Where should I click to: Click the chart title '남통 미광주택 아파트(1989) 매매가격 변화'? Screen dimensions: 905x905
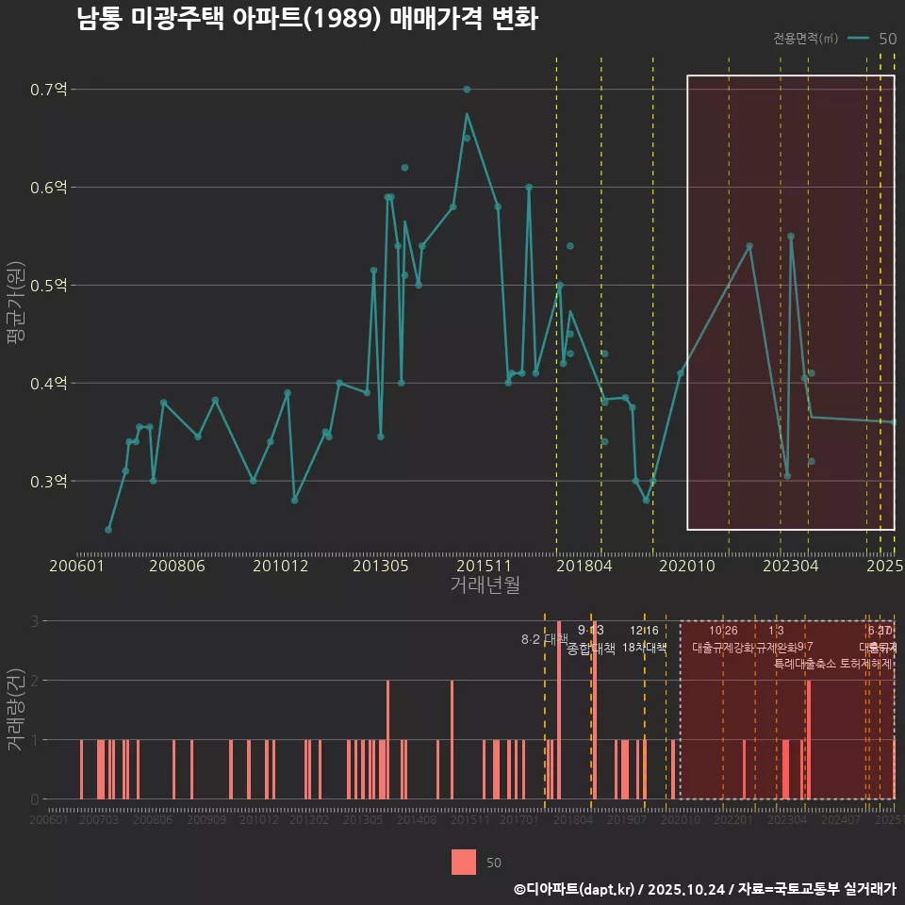[307, 19]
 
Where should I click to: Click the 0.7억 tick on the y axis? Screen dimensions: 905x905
[48, 90]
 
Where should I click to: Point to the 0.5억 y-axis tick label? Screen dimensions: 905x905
[48, 285]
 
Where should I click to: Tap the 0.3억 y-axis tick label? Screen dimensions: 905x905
[48, 481]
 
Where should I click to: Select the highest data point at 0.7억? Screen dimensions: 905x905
[467, 90]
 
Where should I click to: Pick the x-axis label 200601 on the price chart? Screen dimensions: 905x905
[76, 567]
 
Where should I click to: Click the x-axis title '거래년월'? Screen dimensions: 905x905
[485, 585]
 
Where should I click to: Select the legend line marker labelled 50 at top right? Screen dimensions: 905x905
[858, 39]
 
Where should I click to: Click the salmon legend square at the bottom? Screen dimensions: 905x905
[464, 862]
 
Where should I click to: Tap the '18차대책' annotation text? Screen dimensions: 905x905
[645, 648]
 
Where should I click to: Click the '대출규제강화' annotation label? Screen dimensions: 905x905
[723, 648]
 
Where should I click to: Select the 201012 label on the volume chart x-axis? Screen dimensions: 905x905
[258, 821]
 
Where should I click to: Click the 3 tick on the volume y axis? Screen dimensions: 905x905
[35, 621]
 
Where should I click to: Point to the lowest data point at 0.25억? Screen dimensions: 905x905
[108, 530]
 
